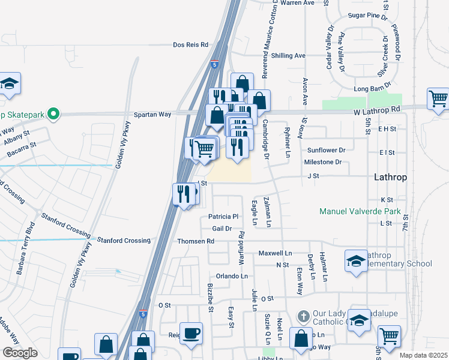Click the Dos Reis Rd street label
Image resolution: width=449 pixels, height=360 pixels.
click(190, 45)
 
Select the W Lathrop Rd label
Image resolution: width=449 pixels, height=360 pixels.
click(376, 110)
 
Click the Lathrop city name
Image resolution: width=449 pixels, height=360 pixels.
click(391, 178)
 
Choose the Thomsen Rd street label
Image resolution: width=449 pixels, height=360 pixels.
click(196, 241)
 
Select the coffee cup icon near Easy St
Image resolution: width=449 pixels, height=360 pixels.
click(191, 333)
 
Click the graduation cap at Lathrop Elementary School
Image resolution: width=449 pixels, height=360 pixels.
click(356, 261)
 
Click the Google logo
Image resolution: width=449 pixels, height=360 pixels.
click(20, 353)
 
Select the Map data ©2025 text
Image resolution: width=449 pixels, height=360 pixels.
click(423, 355)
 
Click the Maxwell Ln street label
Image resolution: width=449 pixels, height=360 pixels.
click(275, 253)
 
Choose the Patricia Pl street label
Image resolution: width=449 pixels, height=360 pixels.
click(223, 217)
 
